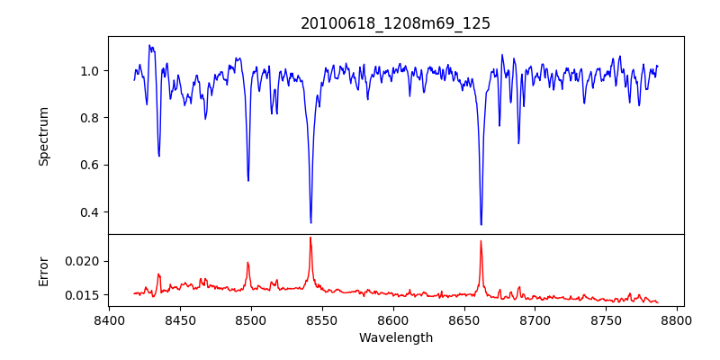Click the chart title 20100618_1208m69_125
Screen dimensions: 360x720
tap(395, 23)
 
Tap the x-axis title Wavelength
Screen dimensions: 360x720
tap(395, 338)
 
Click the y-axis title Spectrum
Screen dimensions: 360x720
tap(44, 136)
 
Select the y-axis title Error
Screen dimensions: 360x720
tap(44, 270)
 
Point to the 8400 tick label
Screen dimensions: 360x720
tap(109, 319)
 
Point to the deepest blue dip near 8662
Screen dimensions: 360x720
tap(481, 224)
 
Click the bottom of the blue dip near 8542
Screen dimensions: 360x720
tap(310, 222)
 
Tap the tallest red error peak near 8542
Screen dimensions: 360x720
tap(310, 238)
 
